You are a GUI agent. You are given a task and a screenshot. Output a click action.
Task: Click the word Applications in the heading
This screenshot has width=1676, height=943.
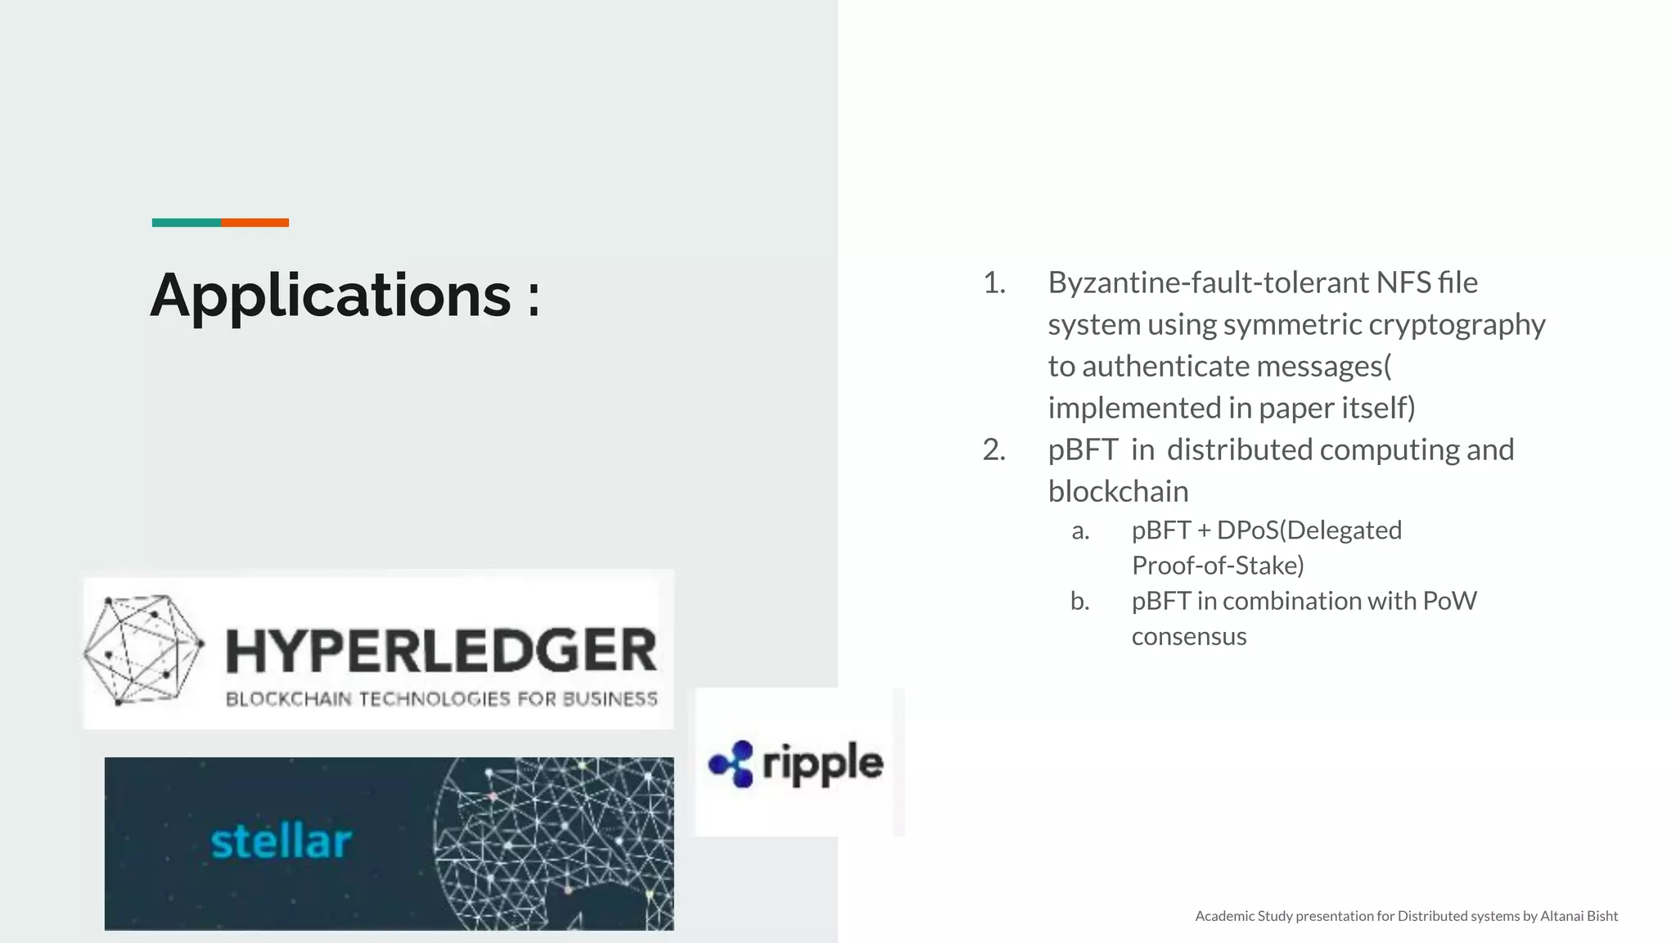(x=331, y=296)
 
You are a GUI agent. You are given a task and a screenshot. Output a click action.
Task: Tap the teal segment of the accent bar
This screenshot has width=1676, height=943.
(x=186, y=223)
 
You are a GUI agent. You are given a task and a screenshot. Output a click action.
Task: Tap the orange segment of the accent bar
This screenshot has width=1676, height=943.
(x=255, y=223)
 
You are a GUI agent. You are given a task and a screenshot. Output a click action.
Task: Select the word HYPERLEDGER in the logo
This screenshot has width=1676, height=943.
(x=441, y=651)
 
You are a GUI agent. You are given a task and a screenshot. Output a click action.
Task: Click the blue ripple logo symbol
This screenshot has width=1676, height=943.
(x=732, y=764)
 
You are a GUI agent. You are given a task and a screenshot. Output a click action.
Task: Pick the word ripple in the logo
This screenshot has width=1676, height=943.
(x=822, y=764)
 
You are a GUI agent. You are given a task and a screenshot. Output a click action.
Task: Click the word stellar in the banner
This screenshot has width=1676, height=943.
(x=281, y=841)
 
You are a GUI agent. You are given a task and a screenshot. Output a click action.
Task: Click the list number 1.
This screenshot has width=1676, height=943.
(x=993, y=283)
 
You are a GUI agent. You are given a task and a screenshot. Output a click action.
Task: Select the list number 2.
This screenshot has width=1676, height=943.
(x=993, y=450)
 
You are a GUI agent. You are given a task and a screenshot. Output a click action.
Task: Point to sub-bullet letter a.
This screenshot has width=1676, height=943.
(x=1080, y=530)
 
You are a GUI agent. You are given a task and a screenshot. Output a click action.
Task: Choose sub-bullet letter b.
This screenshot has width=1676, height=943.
(x=1080, y=602)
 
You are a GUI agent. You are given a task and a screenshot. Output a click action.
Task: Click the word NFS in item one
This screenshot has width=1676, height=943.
(x=1403, y=283)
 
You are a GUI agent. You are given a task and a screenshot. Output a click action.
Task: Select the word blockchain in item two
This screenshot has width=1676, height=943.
(x=1118, y=492)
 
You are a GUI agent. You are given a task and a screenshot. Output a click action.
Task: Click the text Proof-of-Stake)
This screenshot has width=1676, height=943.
(x=1218, y=566)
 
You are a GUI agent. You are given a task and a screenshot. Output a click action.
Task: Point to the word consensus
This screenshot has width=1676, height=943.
(x=1189, y=637)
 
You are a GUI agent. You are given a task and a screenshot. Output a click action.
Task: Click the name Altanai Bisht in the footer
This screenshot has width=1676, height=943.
(x=1579, y=916)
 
